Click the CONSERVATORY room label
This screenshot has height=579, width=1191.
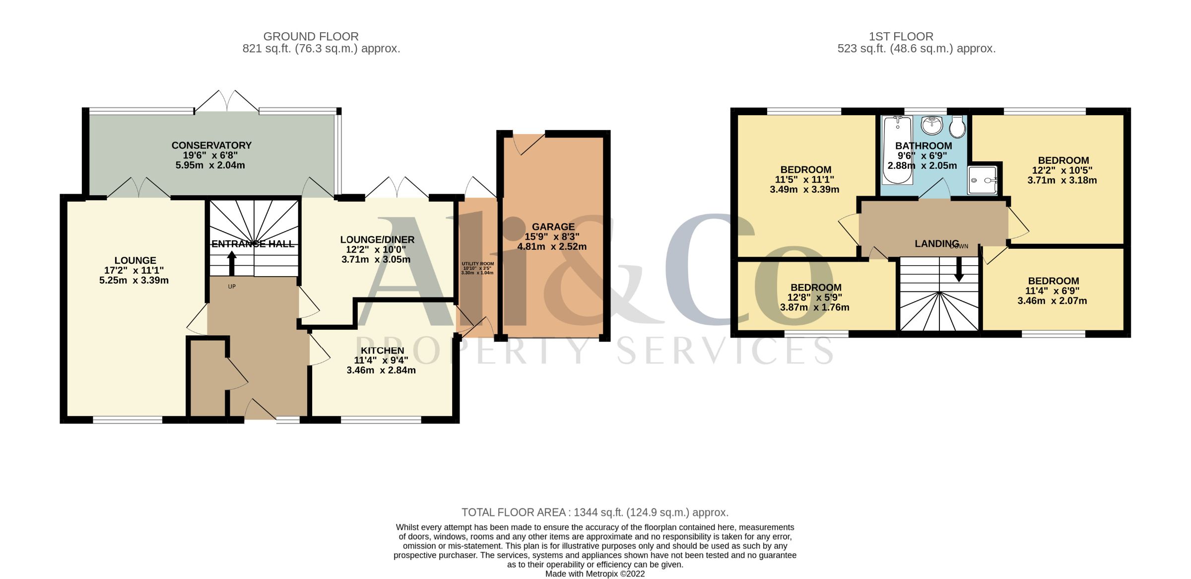tap(211, 145)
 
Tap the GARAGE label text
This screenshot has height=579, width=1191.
tap(553, 227)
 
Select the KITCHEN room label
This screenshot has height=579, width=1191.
tap(382, 351)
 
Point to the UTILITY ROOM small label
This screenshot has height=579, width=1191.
tap(477, 264)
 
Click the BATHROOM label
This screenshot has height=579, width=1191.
tap(924, 146)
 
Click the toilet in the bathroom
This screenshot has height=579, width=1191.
tap(957, 127)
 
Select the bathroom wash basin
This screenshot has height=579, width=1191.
tap(931, 125)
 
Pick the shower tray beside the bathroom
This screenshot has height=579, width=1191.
tap(983, 180)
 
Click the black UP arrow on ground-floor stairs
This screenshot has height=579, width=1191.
tap(232, 263)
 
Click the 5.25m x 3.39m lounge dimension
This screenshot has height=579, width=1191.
tap(134, 281)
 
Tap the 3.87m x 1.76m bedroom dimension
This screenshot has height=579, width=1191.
tap(814, 307)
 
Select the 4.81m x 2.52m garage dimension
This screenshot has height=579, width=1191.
tap(552, 247)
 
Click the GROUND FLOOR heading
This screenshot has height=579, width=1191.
tap(311, 37)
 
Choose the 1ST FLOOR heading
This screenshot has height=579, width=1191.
tap(901, 37)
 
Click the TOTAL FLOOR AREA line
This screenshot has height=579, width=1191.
tap(595, 512)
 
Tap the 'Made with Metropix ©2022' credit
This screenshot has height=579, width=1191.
tap(595, 574)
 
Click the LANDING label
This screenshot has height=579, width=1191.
tap(937, 244)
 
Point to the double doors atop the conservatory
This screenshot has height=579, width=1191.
tap(227, 101)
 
